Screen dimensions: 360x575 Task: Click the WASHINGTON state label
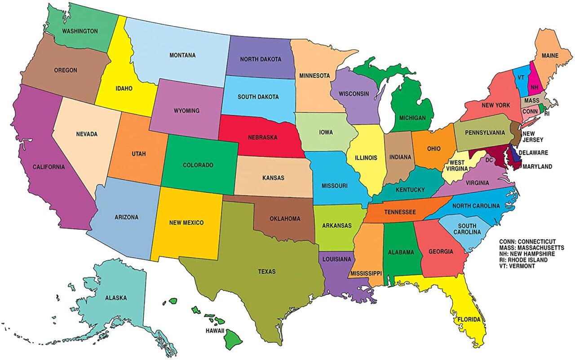point(80,31)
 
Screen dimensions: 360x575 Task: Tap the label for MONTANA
point(182,55)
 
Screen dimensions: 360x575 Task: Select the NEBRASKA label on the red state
point(262,137)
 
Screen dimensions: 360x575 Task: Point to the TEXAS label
point(267,271)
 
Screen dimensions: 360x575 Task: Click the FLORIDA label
point(469,320)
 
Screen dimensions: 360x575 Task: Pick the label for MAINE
point(550,56)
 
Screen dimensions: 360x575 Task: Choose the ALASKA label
point(116,298)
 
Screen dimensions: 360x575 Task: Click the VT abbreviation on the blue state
point(521,77)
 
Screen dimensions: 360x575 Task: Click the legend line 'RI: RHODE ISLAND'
point(523,260)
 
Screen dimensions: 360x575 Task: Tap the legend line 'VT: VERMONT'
point(517,266)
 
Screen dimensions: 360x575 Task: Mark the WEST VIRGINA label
point(458,165)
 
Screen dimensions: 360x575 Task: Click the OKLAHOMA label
point(285,219)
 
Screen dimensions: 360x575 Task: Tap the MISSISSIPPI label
point(366,273)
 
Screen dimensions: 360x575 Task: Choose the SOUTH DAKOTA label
point(258,97)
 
